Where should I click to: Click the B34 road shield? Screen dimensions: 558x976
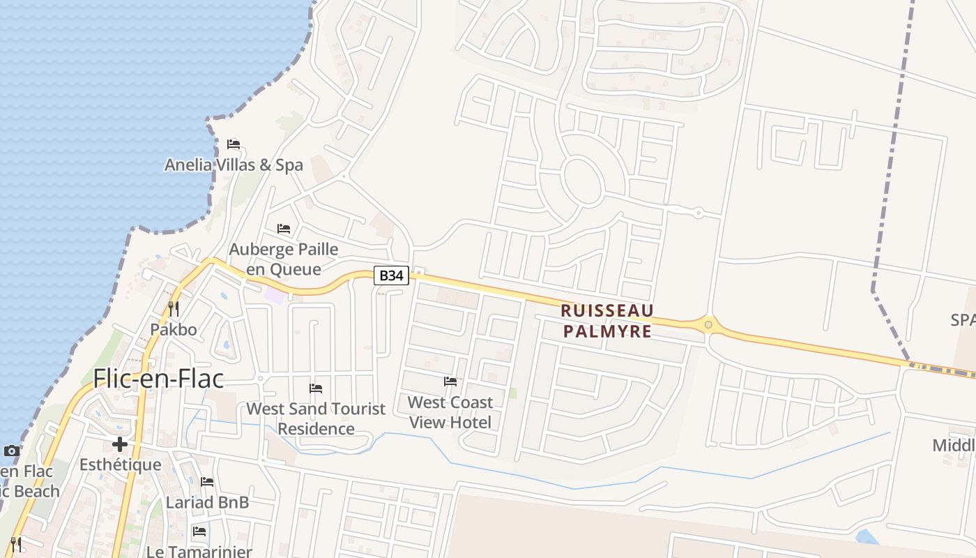tap(391, 276)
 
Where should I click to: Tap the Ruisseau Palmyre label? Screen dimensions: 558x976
tap(607, 321)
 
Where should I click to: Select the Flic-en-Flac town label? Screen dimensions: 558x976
tap(159, 378)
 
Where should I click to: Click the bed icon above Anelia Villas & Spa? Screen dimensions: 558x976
tap(234, 144)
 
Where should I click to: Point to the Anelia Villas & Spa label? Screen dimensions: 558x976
tap(234, 165)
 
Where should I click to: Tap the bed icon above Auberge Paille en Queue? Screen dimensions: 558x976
tap(283, 229)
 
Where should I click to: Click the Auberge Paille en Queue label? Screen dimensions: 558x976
tap(284, 259)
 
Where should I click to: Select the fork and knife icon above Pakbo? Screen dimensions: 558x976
tap(174, 308)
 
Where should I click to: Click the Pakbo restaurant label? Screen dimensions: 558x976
tap(174, 329)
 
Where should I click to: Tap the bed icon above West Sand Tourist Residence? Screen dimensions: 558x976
tap(316, 389)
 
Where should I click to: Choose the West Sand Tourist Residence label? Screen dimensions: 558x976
tap(316, 418)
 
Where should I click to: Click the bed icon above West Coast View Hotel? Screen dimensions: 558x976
tap(450, 382)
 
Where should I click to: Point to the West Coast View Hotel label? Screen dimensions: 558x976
tap(450, 412)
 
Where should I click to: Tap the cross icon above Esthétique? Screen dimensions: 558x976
tap(120, 444)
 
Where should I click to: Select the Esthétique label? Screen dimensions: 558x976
tap(120, 465)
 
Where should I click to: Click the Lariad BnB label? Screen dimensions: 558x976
tap(207, 502)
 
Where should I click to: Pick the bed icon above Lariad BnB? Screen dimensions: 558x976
tap(207, 482)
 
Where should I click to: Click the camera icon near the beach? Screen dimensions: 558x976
tap(12, 451)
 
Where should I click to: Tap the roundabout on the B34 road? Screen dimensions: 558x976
tap(708, 324)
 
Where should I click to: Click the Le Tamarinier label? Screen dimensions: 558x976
tap(199, 551)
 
